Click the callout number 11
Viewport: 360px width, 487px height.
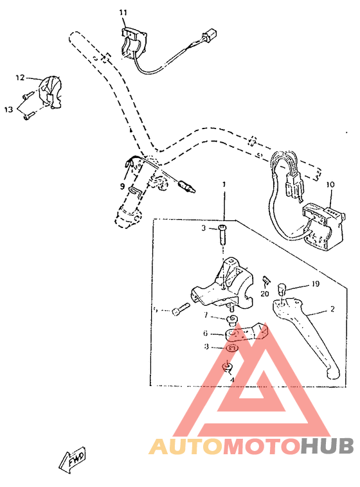click(x=123, y=12)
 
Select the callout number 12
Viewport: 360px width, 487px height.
click(x=20, y=78)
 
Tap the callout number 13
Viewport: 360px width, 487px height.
click(x=8, y=110)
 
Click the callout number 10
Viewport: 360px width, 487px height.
click(x=331, y=185)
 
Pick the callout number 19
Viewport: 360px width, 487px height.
click(x=316, y=283)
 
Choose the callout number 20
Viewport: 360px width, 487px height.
click(x=265, y=293)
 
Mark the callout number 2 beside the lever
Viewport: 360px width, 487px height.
click(x=332, y=309)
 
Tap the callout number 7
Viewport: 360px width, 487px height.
click(x=206, y=315)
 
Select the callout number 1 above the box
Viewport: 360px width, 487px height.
click(x=224, y=184)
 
